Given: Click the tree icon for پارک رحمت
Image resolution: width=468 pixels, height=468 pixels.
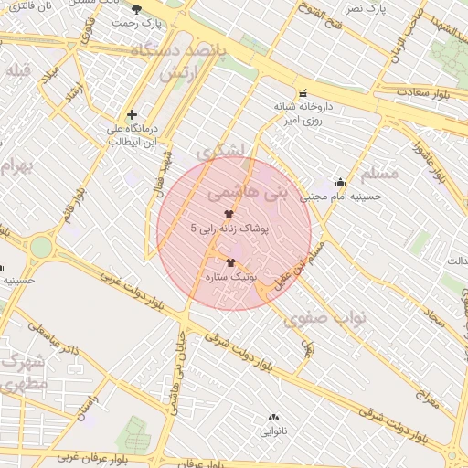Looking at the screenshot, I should coord(137,8).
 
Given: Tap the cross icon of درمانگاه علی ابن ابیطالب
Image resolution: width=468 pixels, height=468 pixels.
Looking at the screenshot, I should coord(133,115).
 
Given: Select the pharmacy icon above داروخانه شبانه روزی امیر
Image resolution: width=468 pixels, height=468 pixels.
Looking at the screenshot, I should coord(303,93).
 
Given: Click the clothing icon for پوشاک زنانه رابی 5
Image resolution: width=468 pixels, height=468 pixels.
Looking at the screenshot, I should coord(229,214).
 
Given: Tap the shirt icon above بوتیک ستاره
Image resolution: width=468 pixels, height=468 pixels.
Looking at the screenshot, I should coord(229,262).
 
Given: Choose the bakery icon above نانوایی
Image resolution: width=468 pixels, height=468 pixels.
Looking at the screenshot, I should coord(273,418).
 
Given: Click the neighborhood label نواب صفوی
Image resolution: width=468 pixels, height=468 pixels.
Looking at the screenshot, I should coord(324,318).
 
